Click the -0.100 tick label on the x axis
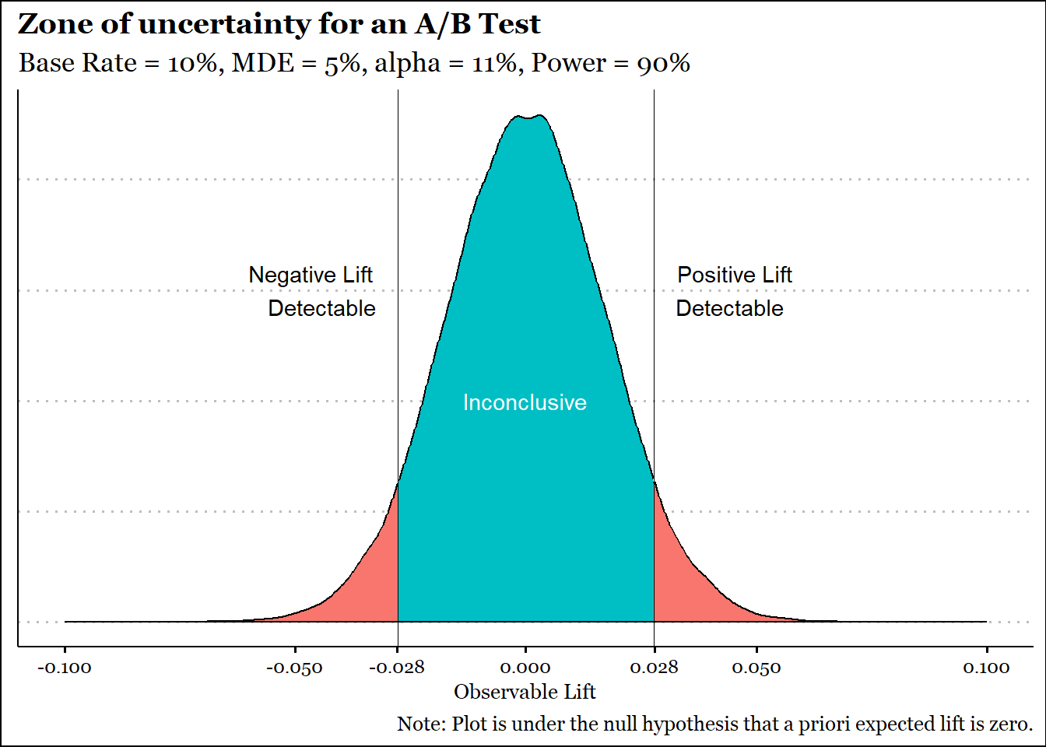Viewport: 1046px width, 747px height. point(65,668)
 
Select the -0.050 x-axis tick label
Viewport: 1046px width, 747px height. point(295,668)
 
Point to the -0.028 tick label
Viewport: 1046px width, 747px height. point(397,668)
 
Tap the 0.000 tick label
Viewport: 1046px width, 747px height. point(525,668)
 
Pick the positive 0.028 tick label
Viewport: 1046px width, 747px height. point(655,668)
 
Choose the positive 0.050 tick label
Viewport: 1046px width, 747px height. point(756,668)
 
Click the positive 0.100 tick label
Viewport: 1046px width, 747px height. point(986,668)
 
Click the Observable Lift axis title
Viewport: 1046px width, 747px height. point(525,692)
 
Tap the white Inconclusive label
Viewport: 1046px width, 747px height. point(525,402)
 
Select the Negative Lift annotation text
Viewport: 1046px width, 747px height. point(311,275)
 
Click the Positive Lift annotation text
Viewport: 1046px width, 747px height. point(734,275)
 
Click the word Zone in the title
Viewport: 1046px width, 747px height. point(54,24)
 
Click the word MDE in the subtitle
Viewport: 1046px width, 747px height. point(263,63)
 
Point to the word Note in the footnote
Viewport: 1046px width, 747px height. point(419,724)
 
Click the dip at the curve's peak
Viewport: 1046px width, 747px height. point(528,118)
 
